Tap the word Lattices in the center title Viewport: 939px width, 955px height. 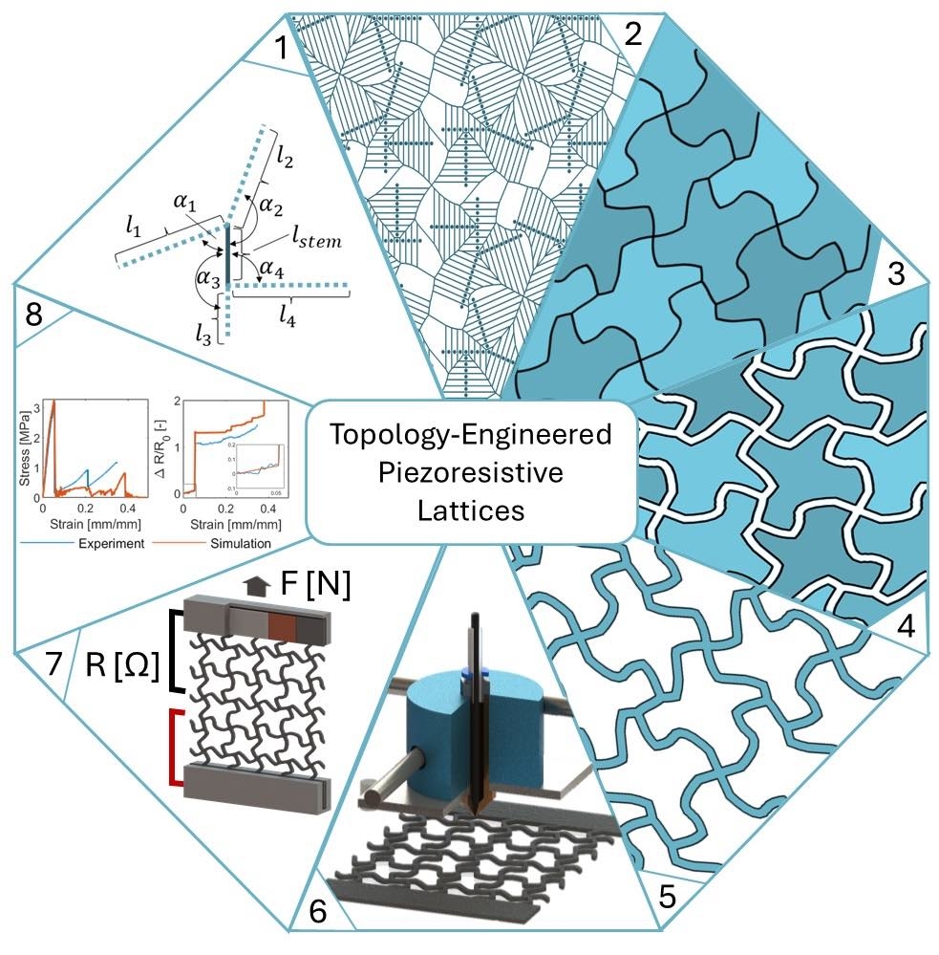(471, 510)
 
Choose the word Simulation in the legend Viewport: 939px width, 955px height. (234, 542)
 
